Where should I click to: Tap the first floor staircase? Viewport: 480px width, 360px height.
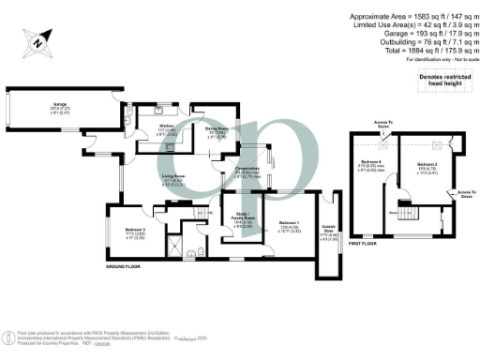[x=411, y=214]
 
